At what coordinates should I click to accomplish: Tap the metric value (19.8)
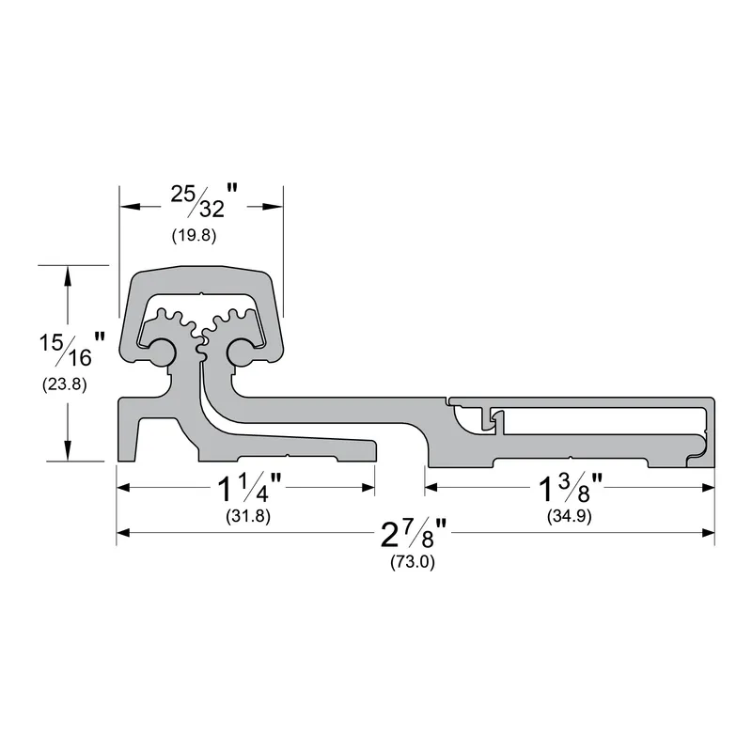(195, 236)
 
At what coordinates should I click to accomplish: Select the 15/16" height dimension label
(72, 349)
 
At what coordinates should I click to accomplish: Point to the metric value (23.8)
(64, 384)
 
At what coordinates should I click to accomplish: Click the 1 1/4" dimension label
(249, 488)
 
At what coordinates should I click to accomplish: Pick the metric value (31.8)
(248, 516)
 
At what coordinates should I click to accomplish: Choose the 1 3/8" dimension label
(571, 488)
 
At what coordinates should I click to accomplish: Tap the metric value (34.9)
(570, 516)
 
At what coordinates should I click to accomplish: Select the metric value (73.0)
(413, 561)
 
